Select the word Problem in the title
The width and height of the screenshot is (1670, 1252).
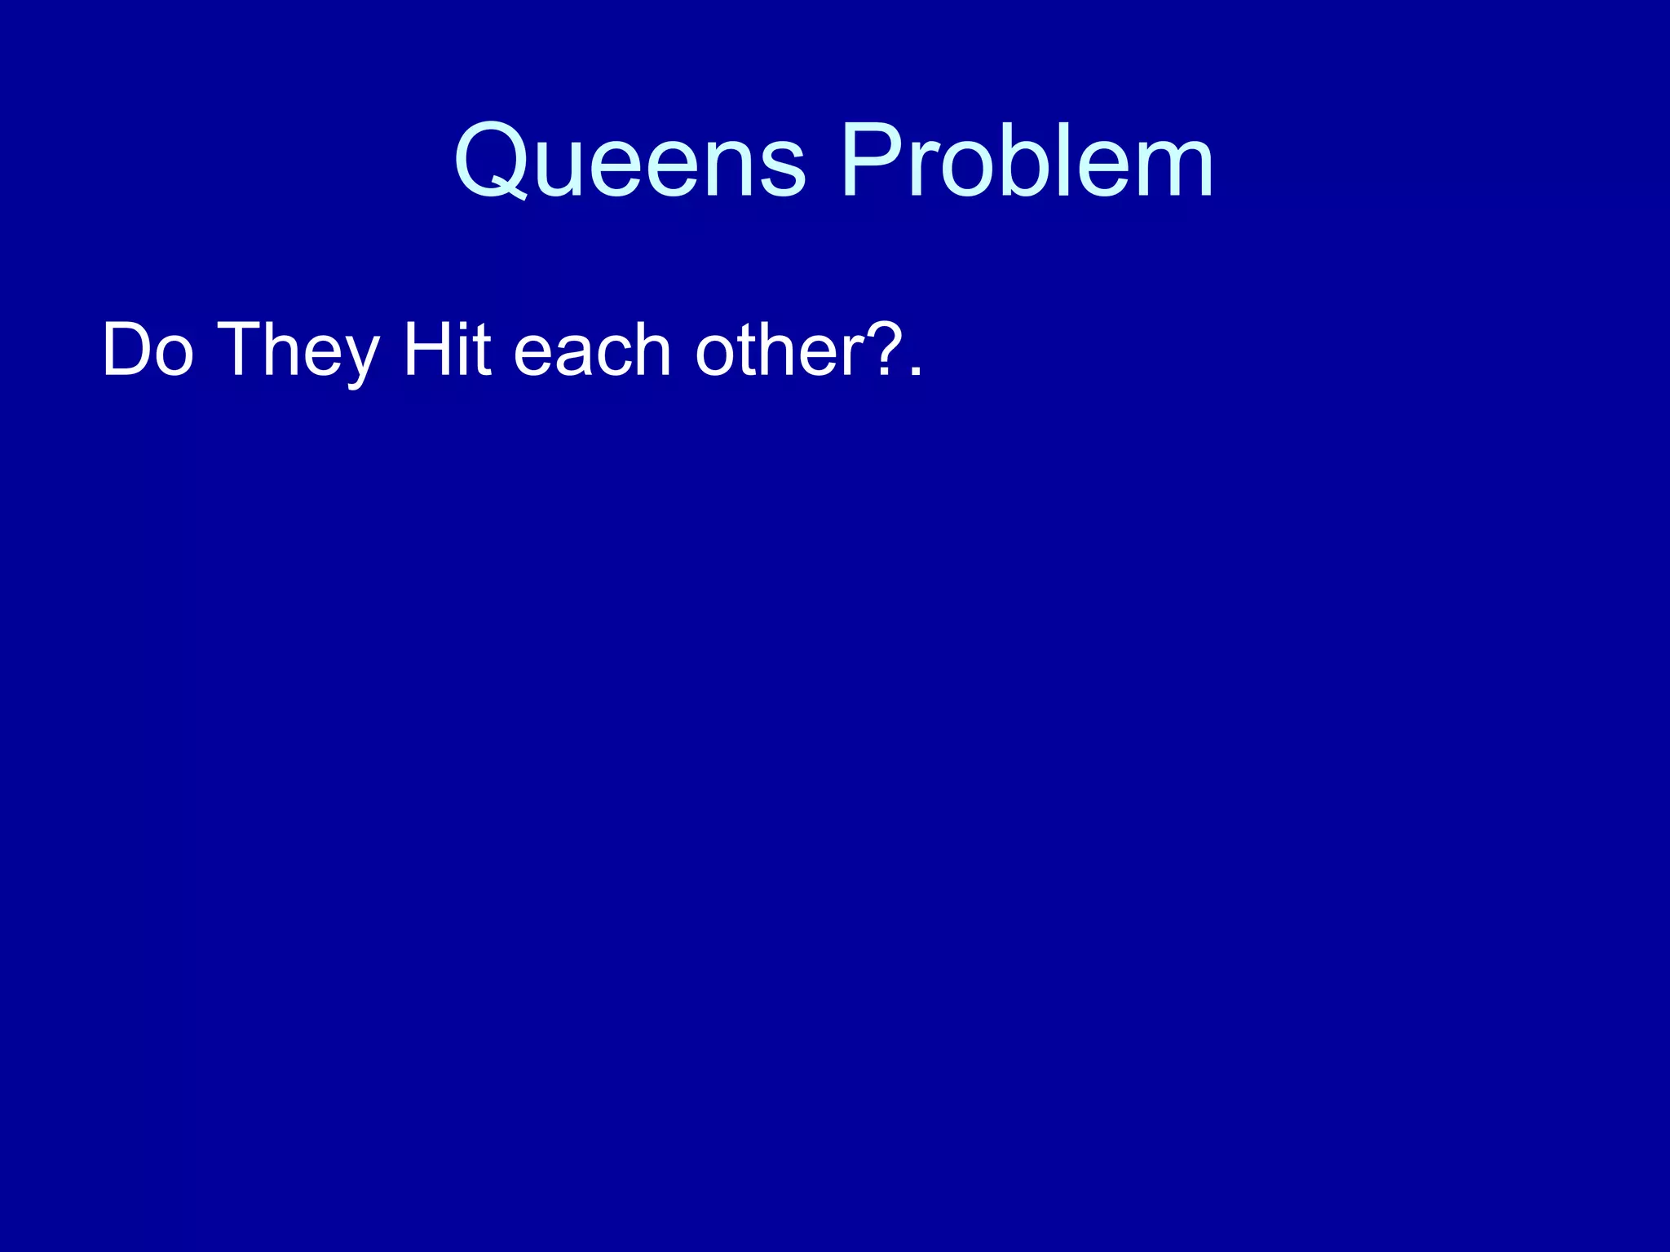pos(1027,161)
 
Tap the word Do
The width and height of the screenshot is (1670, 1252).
pos(148,350)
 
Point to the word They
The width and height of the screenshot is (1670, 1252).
pos(299,350)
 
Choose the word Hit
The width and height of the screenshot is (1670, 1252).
pos(448,350)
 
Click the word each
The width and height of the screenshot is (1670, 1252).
pos(592,350)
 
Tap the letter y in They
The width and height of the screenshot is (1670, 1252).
pos(360,359)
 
